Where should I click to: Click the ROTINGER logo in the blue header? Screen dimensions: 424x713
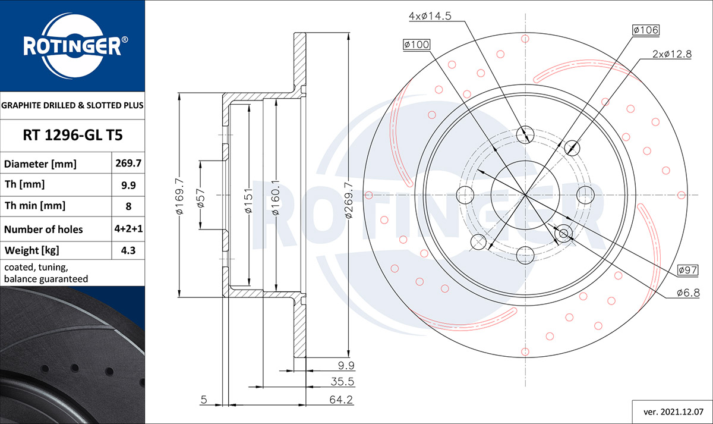point(72,46)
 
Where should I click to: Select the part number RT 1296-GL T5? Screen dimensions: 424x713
point(72,136)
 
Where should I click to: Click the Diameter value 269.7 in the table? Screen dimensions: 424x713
point(128,163)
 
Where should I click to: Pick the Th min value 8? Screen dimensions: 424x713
point(128,206)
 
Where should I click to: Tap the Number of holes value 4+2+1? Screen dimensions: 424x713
point(128,229)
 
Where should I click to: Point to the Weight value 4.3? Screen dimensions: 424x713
point(128,250)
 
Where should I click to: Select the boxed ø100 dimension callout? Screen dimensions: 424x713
point(416,45)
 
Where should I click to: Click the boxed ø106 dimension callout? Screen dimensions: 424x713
point(645,30)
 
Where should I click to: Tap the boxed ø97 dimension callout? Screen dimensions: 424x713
point(687,271)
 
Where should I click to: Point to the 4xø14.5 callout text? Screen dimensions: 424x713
point(431,16)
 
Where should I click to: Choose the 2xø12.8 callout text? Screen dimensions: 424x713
point(672,54)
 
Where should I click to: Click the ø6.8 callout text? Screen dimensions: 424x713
point(687,293)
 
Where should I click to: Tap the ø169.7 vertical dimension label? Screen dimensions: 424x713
point(179,194)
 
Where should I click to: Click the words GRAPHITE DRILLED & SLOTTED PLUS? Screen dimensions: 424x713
point(72,106)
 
